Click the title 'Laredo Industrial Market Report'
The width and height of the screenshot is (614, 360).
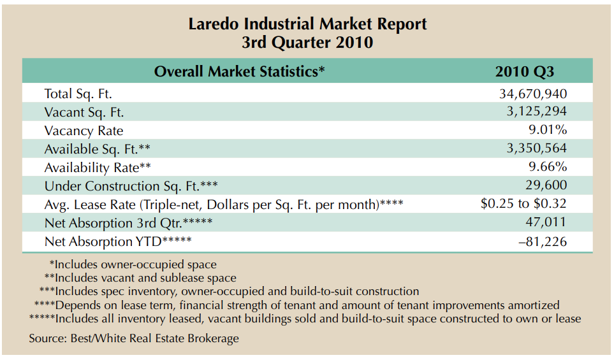(x=307, y=24)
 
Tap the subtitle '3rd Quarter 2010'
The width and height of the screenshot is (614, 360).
(x=307, y=43)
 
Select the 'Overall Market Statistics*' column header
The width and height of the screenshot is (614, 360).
(x=239, y=71)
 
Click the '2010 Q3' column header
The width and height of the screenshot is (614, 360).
(x=524, y=71)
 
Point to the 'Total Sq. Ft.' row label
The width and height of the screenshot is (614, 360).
(x=78, y=94)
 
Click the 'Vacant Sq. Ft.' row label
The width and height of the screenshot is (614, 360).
(x=84, y=112)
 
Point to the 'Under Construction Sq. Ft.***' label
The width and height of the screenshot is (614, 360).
(x=132, y=186)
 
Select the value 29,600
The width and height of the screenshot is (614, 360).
(x=546, y=186)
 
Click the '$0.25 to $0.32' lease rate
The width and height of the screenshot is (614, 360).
(x=523, y=205)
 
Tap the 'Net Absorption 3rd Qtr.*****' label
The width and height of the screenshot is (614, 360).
(x=128, y=223)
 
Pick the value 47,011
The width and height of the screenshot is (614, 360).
(x=546, y=223)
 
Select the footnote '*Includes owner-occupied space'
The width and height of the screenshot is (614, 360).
(x=133, y=264)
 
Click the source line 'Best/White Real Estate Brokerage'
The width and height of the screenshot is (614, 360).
(x=134, y=338)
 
